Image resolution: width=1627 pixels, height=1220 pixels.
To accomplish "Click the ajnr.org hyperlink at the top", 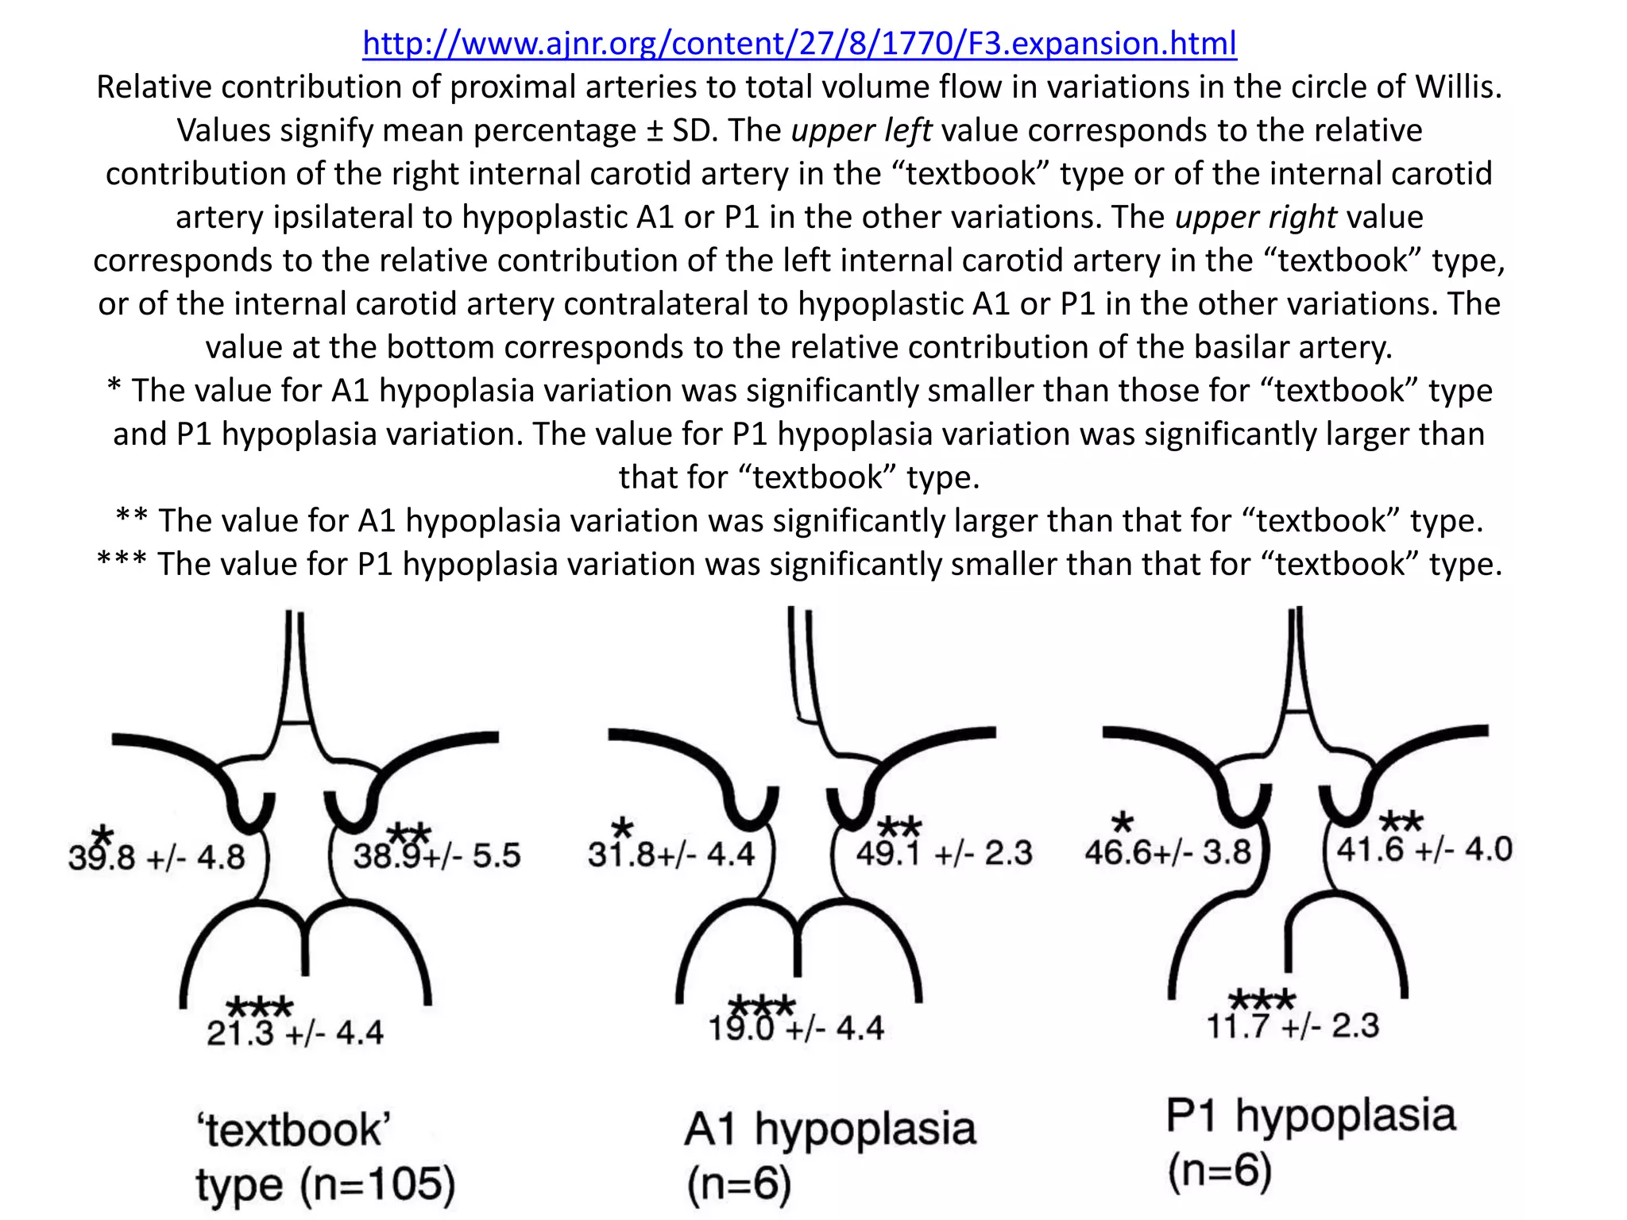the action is click(x=799, y=43).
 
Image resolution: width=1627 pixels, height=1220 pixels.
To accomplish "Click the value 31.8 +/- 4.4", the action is click(x=671, y=855).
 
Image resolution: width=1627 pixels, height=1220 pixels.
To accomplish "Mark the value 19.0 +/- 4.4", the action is click(x=796, y=1029).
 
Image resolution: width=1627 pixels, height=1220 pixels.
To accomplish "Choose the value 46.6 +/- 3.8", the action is click(x=1168, y=852).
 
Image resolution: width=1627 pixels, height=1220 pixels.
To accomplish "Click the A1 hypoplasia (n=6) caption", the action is click(x=830, y=1156).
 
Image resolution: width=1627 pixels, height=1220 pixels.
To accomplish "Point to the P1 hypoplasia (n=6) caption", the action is click(x=1311, y=1142).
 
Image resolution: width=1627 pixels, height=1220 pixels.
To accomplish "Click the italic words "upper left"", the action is click(x=861, y=130).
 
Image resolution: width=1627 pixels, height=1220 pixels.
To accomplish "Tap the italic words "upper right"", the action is click(x=1256, y=217).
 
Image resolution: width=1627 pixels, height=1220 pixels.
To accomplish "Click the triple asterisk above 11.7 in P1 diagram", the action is click(x=1262, y=999).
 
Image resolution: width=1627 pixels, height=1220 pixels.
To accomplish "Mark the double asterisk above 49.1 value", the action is click(x=900, y=827).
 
